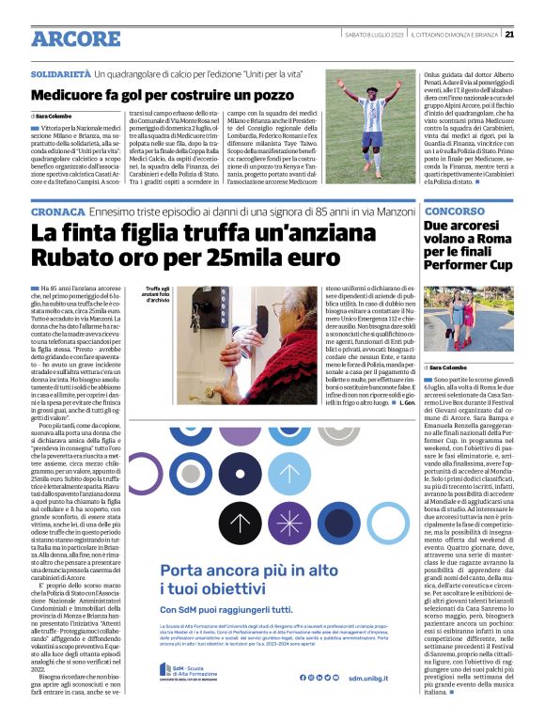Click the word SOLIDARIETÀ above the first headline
point(61,73)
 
